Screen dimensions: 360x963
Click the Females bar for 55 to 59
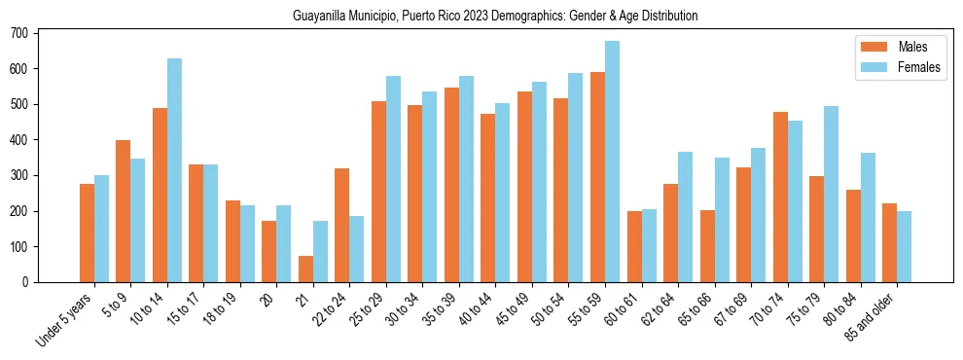[x=612, y=162]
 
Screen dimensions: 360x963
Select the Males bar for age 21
[x=305, y=269]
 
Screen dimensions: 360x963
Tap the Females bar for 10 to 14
[x=174, y=170]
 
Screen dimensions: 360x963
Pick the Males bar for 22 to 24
[x=341, y=225]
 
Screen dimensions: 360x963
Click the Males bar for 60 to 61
[x=634, y=246]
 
